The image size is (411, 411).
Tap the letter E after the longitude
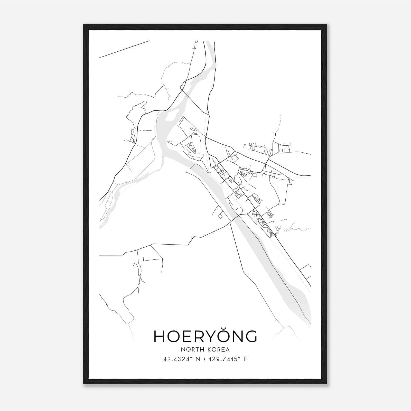246,359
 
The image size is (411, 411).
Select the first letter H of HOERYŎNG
159,337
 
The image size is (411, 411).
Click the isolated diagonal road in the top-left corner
125,49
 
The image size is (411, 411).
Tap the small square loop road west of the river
220,216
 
